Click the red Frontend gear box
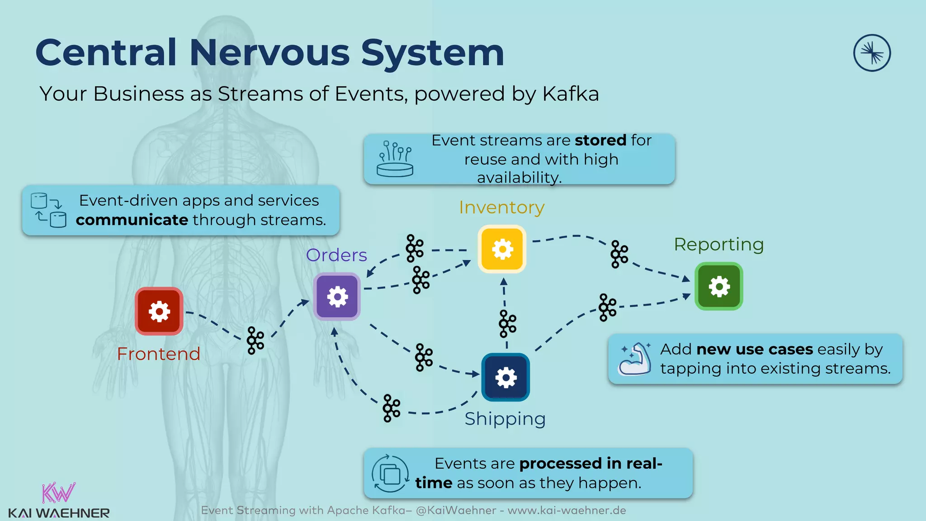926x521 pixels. tap(159, 311)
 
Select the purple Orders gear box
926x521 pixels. tap(337, 297)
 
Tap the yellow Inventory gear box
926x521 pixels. tap(502, 249)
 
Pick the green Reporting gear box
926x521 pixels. tap(718, 286)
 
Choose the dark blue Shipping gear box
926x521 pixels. tap(506, 377)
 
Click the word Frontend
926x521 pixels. tap(158, 354)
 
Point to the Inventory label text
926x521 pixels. tap(501, 207)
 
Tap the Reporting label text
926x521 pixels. tap(718, 244)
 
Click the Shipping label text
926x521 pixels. tap(505, 419)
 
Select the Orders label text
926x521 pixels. tap(336, 255)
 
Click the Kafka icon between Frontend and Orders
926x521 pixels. tap(255, 341)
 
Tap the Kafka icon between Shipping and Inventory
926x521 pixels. tap(507, 324)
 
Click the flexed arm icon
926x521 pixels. tap(635, 359)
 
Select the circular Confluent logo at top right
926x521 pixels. tap(872, 53)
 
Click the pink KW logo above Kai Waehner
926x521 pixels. tap(58, 493)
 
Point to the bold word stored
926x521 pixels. tap(600, 140)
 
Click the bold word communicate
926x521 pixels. tap(132, 220)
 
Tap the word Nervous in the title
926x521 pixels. tap(269, 52)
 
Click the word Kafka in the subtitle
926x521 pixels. tap(570, 94)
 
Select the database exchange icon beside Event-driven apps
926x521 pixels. tap(48, 210)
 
